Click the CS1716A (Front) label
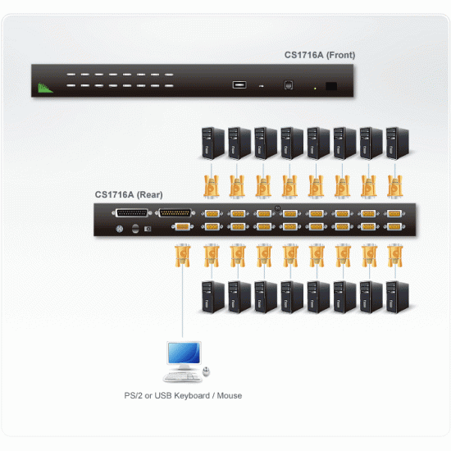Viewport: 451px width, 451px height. (320, 56)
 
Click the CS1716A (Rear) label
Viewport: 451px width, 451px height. (129, 194)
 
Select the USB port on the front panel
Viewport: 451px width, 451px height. (239, 84)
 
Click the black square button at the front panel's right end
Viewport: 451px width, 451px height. (330, 85)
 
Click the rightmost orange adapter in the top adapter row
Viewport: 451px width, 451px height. (396, 184)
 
